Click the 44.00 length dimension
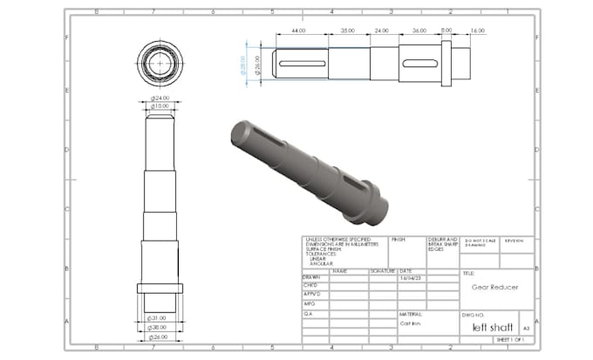[x=299, y=31]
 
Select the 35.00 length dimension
[x=348, y=31]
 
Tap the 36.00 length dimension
[x=419, y=31]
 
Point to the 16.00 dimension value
[x=477, y=31]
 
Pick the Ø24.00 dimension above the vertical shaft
[x=159, y=98]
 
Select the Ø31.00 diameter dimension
[x=159, y=316]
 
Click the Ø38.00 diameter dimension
[x=159, y=327]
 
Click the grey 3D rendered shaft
[x=305, y=166]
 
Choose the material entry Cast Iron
[x=412, y=322]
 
